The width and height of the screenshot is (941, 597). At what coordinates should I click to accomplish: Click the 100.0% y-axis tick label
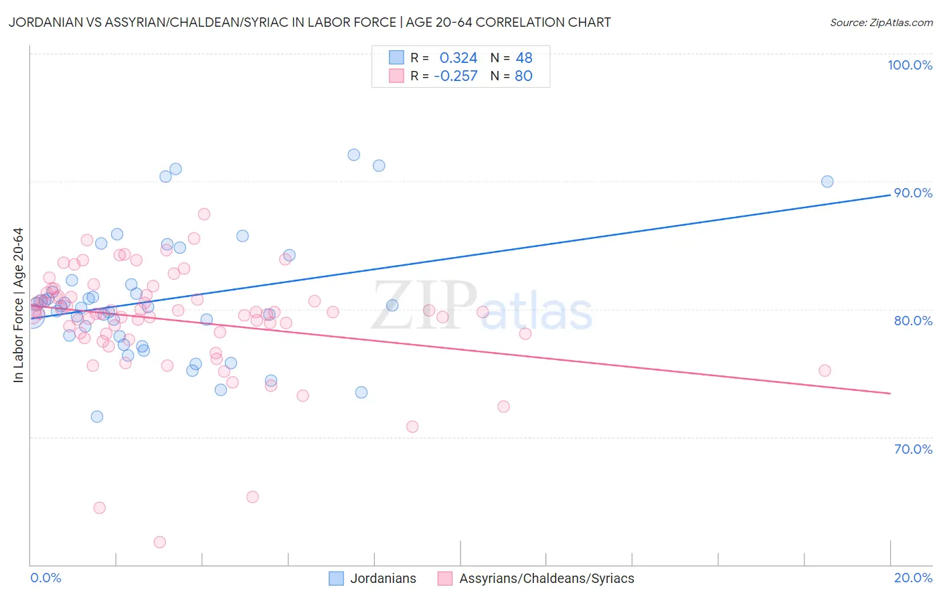coord(910,65)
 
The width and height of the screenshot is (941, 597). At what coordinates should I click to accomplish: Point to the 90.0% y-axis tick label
coord(913,193)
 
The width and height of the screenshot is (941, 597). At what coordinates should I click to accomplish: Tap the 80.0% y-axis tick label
coord(913,321)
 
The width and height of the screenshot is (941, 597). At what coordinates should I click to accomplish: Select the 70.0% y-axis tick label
coord(913,449)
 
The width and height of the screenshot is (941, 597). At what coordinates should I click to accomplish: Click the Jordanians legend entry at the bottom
coord(383,579)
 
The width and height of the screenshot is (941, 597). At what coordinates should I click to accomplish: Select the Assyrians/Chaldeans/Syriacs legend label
coord(546,579)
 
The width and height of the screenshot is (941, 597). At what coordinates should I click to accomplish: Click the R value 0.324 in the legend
coord(458,58)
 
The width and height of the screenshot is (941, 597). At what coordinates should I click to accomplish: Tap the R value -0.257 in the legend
coord(456,76)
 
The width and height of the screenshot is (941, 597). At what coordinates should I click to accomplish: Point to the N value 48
coord(524,58)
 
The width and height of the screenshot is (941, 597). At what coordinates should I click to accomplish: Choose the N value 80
coord(523,76)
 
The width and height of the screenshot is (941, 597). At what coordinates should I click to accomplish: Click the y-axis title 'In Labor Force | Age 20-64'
coord(18,305)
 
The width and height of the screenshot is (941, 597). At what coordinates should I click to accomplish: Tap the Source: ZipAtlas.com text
coord(881,23)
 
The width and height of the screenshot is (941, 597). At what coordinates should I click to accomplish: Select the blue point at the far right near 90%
coord(827,181)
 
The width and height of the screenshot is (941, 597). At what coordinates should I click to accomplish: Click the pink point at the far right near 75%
coord(825,371)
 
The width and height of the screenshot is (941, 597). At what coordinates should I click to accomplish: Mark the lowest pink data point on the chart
coord(159,542)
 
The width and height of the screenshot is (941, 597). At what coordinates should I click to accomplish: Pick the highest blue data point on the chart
coord(353,155)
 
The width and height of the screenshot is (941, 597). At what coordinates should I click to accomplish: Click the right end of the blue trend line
coord(890,194)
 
